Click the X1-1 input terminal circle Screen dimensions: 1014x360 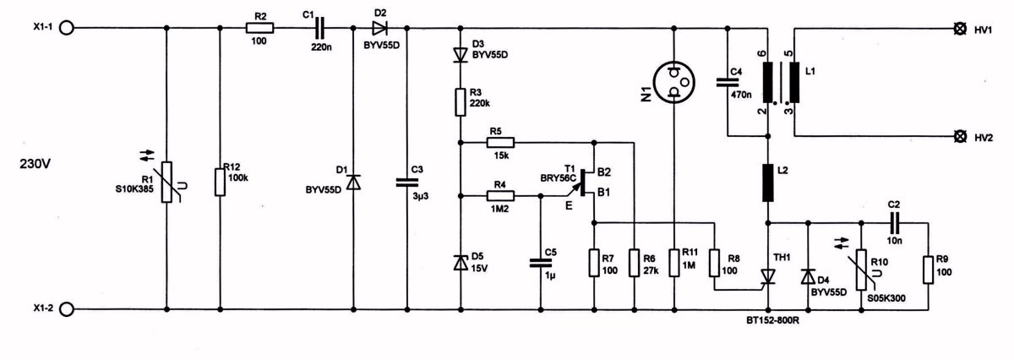click(66, 28)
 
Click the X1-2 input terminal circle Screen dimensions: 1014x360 click(66, 310)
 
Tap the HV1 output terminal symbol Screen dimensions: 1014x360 click(959, 29)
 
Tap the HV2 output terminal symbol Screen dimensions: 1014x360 click(959, 136)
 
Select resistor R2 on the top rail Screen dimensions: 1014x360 click(260, 28)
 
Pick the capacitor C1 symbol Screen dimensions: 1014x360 click(319, 28)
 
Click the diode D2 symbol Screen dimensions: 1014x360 click(379, 28)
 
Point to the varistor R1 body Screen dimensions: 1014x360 click(167, 182)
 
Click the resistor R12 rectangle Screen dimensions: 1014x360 click(220, 182)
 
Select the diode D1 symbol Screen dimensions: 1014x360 click(353, 182)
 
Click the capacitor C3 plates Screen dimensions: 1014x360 click(407, 182)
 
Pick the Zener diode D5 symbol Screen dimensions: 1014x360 click(461, 263)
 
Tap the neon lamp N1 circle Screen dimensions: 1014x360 click(674, 83)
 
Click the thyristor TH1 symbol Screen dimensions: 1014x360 click(768, 276)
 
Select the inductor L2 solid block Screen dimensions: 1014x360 click(768, 183)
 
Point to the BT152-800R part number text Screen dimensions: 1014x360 click(772, 320)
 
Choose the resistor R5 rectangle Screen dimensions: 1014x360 click(500, 143)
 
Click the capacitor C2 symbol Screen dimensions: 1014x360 click(895, 223)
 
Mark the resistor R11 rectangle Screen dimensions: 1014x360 click(674, 263)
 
